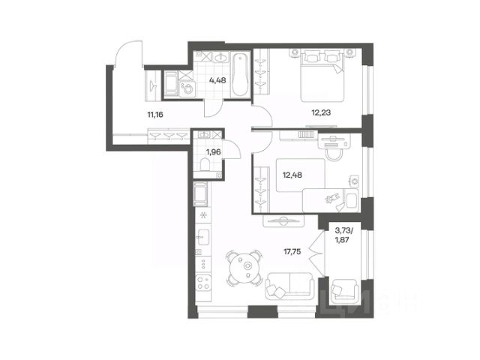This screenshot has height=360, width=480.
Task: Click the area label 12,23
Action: [321, 112]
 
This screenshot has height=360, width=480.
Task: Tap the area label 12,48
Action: [292, 175]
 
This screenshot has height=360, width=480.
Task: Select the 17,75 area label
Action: [292, 252]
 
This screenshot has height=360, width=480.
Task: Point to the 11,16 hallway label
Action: [155, 115]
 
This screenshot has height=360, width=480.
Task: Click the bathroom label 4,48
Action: [217, 80]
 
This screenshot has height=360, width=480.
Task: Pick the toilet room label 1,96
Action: [213, 151]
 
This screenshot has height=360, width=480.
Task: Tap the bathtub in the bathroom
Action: [240, 75]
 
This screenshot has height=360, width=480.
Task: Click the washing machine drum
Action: [188, 89]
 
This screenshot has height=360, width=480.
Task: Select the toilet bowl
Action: [205, 164]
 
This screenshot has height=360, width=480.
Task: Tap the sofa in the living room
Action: [290, 286]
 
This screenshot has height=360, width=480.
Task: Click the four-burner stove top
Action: [203, 283]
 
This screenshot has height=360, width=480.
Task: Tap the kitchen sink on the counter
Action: [203, 237]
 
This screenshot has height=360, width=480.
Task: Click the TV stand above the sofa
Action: [283, 220]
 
